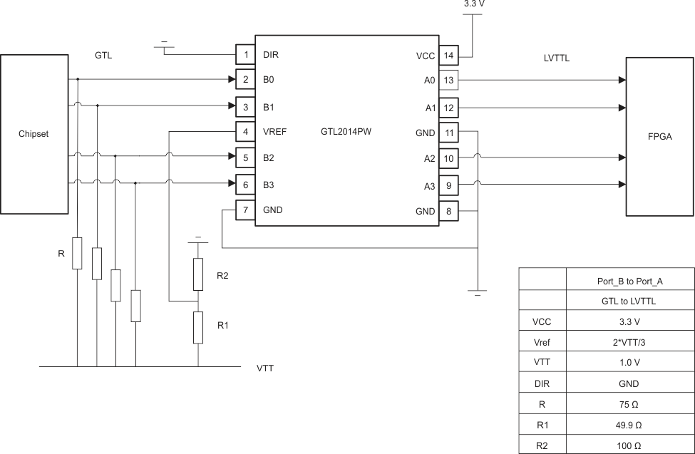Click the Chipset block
[34, 133]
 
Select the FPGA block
[660, 136]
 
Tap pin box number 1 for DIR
[245, 54]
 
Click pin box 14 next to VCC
[448, 54]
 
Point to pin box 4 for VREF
[245, 132]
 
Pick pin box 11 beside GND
[448, 132]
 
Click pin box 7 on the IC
[245, 210]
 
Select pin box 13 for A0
[448, 80]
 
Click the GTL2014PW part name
[346, 132]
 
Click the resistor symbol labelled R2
[199, 275]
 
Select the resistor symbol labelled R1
[199, 325]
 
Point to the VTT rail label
[265, 369]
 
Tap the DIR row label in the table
[542, 383]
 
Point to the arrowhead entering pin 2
[232, 80]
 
